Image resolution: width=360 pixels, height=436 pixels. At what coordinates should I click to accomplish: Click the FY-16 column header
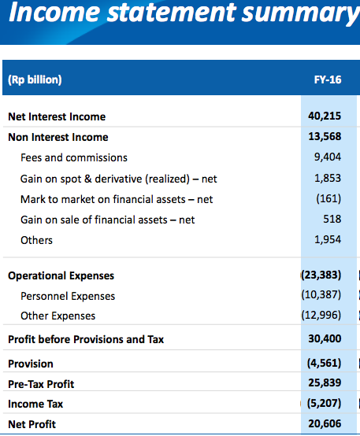328,79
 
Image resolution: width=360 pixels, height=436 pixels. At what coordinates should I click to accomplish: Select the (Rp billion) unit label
35,79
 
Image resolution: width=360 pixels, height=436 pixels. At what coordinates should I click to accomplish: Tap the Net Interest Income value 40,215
325,116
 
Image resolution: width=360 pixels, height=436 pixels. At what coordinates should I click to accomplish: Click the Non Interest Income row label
58,137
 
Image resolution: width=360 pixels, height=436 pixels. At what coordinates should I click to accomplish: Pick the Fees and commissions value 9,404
328,157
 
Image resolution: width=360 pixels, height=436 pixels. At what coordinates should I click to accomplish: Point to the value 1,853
328,178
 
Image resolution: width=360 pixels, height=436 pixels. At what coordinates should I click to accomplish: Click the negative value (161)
328,198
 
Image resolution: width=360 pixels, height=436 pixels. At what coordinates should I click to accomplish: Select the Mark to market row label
117,199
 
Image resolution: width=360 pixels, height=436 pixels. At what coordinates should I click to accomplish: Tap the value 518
332,219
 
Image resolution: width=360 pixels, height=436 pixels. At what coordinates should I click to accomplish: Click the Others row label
36,240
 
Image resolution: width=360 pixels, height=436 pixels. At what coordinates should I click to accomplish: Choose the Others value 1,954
328,240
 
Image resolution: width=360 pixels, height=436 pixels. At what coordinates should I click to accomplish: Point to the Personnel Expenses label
68,297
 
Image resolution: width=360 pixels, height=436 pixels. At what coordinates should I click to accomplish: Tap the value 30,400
325,338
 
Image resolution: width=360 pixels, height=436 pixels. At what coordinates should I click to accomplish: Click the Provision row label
31,364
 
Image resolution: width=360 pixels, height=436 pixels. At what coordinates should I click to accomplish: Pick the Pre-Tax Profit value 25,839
325,383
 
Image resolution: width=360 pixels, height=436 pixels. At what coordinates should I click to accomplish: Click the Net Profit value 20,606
325,423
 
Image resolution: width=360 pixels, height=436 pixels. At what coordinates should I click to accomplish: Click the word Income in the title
54,13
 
